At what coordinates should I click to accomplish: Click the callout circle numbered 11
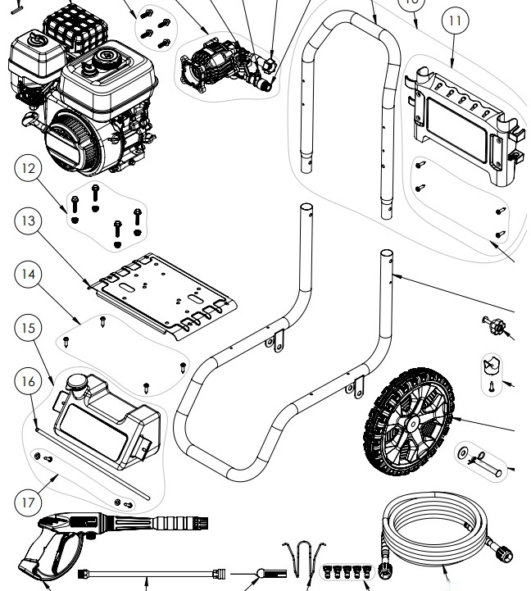click(x=453, y=22)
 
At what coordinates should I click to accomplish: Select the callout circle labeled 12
click(x=29, y=168)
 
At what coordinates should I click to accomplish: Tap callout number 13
click(x=29, y=220)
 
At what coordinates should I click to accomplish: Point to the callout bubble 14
click(x=29, y=275)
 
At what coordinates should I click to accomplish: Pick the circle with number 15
click(x=29, y=328)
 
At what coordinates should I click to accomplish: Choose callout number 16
click(x=29, y=381)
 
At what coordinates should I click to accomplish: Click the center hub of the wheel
click(x=408, y=432)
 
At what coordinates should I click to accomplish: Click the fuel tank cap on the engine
click(x=106, y=59)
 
